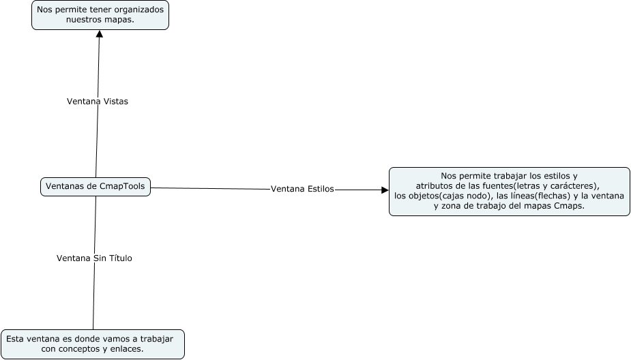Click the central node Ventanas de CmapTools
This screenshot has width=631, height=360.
96,187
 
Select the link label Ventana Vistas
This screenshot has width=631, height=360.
97,101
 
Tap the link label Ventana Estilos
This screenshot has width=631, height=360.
302,189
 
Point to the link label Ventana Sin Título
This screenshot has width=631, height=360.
94,258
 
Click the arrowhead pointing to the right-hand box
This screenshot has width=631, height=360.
384,190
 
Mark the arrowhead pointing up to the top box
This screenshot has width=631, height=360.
100,34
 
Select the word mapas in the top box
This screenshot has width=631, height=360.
116,20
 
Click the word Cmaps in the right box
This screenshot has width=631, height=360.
568,206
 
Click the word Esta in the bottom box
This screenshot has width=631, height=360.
15,339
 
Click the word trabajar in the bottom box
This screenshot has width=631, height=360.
155,339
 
